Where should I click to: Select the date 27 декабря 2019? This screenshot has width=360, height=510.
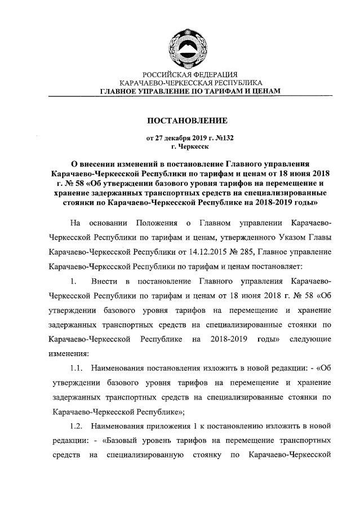(180, 138)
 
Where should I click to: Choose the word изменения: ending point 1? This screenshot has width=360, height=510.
(69, 354)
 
